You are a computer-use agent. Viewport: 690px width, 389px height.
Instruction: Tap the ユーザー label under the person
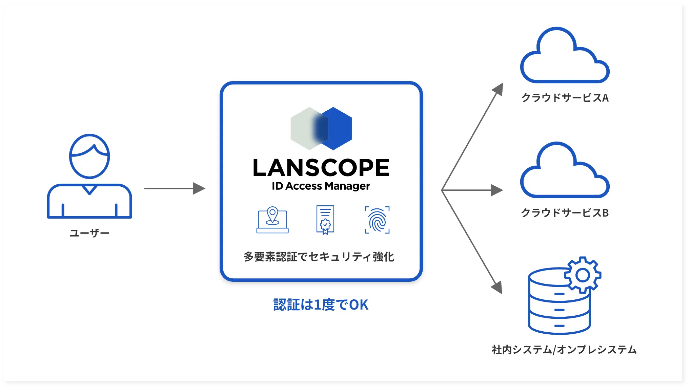pos(89,233)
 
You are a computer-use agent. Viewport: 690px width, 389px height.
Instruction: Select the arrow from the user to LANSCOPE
pos(174,188)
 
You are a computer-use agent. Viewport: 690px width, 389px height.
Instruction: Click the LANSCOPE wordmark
pos(321,168)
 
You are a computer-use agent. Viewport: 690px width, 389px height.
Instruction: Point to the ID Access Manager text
pos(321,186)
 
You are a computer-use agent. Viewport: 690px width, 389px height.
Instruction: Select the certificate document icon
pos(325,220)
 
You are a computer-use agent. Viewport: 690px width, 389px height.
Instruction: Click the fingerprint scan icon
pos(377,220)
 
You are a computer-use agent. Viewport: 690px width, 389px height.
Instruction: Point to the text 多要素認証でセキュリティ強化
pos(319,257)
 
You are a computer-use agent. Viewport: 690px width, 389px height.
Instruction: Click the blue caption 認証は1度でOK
pos(321,305)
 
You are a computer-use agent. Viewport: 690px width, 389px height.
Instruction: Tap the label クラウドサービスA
pos(565,98)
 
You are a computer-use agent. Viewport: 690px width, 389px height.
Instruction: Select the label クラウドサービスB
pos(565,213)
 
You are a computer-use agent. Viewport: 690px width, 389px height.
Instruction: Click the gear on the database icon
pos(583,275)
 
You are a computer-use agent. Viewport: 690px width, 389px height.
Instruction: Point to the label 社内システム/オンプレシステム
pos(564,350)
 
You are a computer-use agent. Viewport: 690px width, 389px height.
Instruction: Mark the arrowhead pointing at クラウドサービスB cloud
pos(497,190)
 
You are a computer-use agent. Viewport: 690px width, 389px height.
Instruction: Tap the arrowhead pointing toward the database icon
pos(498,288)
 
